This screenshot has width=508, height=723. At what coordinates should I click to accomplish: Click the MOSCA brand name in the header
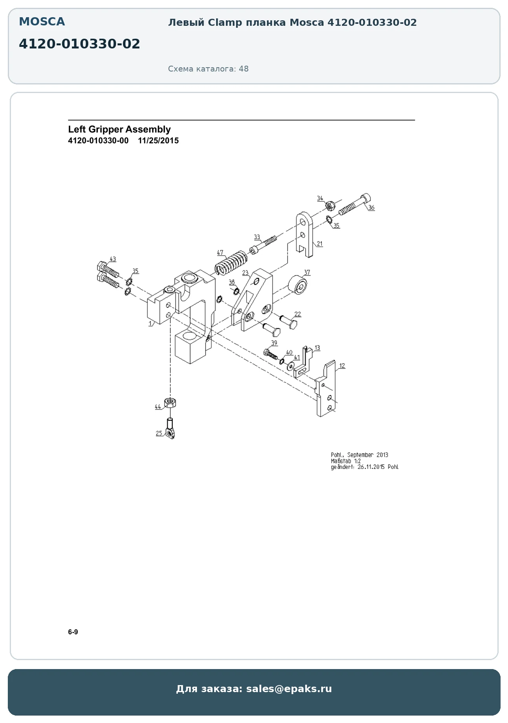(x=42, y=22)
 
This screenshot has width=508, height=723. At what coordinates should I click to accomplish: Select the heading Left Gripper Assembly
(x=119, y=129)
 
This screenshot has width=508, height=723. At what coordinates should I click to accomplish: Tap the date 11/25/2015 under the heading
(x=158, y=141)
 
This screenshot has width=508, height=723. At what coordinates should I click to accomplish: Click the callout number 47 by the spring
(x=220, y=253)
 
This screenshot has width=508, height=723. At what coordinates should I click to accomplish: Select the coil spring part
(x=231, y=263)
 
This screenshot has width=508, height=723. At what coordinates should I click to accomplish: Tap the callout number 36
(x=371, y=208)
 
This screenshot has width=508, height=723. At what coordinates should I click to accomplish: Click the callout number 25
(x=159, y=433)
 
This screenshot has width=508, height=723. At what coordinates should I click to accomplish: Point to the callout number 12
(x=342, y=366)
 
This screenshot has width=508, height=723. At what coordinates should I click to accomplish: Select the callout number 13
(x=317, y=347)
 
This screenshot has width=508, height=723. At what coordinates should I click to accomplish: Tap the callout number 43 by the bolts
(x=113, y=259)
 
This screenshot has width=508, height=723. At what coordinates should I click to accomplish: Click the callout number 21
(x=320, y=244)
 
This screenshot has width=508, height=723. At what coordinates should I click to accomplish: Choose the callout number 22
(x=298, y=314)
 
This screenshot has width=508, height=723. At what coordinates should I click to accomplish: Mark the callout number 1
(x=150, y=324)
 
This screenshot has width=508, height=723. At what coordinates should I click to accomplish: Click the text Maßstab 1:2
(x=346, y=461)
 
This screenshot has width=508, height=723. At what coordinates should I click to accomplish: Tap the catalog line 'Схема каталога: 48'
(x=208, y=69)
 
